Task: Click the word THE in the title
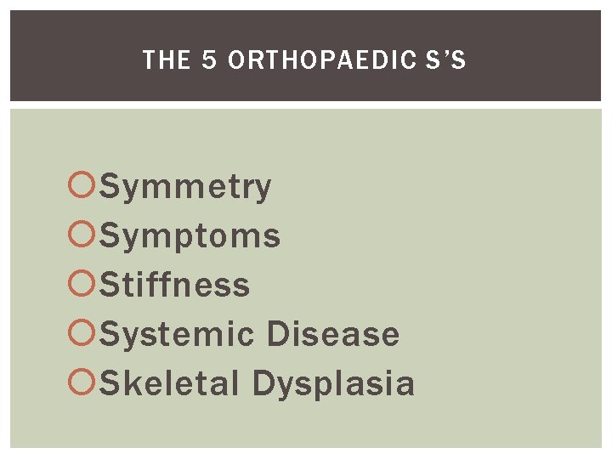161,60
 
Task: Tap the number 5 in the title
207,60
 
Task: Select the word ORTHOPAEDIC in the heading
326,60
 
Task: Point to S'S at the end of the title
449,60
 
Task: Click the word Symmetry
186,187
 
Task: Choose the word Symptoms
190,236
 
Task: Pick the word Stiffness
175,285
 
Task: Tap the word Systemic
178,334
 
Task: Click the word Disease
333,334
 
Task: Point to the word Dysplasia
334,383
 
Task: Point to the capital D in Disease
277,334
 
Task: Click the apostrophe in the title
447,54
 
